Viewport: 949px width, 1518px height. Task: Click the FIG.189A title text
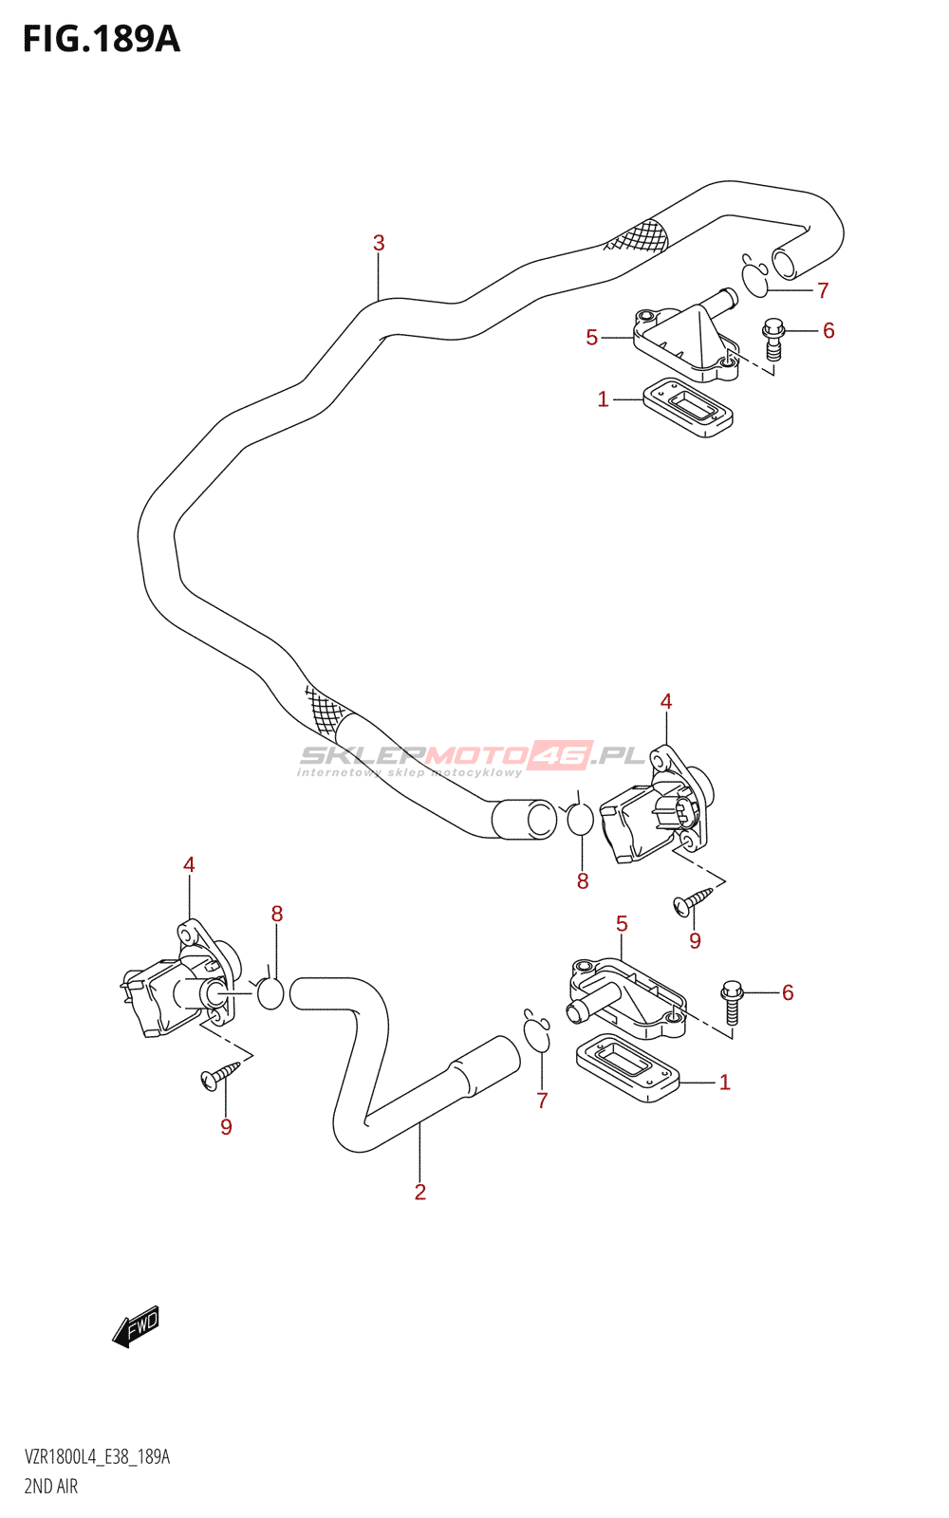[x=101, y=39]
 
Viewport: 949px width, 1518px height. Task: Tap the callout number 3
[x=379, y=243]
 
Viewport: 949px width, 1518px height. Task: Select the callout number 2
[x=419, y=1192]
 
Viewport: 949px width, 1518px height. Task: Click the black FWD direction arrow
[x=136, y=1325]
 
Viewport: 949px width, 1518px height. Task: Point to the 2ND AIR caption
[x=51, y=1486]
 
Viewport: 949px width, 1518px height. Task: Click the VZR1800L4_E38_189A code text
[x=97, y=1457]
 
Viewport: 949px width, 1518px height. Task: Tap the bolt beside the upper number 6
[x=773, y=339]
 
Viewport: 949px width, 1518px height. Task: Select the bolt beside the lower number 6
[x=731, y=1002]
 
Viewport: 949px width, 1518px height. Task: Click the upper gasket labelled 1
[x=688, y=408]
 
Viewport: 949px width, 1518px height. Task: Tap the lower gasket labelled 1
[x=627, y=1068]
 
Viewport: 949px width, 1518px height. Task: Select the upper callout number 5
[x=592, y=338]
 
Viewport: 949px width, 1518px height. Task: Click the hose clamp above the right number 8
[x=579, y=817]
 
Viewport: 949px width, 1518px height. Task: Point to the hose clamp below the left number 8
[x=270, y=992]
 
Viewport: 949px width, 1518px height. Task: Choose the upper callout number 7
[x=823, y=290]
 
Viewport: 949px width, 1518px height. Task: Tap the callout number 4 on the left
[x=189, y=864]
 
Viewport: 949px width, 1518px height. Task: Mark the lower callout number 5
[x=622, y=923]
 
